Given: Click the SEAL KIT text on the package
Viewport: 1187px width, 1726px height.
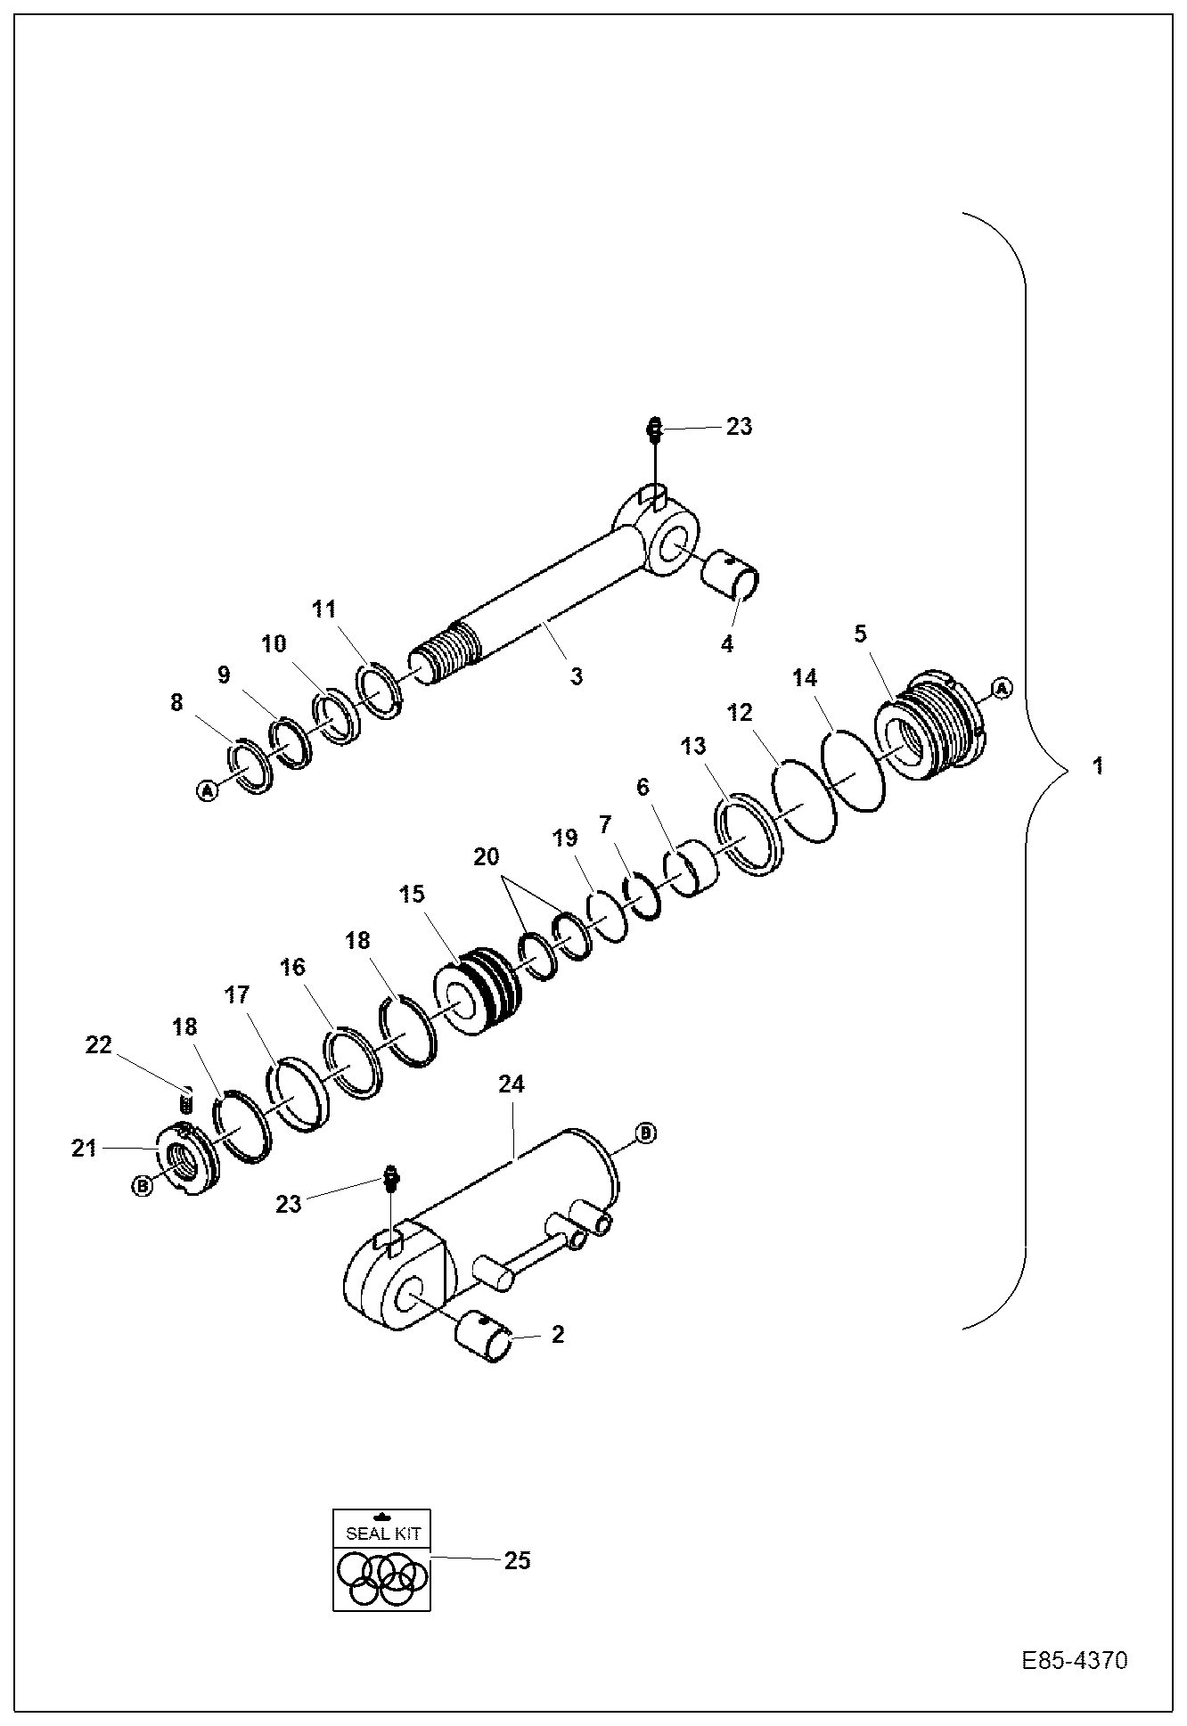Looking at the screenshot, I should tap(381, 1534).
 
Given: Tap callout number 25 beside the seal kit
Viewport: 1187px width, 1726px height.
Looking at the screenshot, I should tap(517, 1560).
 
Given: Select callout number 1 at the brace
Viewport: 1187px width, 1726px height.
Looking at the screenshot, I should tap(1098, 765).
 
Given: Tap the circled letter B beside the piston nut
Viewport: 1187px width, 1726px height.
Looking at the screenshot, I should tap(142, 1185).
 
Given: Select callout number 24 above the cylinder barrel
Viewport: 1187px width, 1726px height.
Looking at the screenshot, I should tap(512, 1084).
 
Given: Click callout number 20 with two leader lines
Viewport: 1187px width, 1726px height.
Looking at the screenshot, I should tap(487, 857).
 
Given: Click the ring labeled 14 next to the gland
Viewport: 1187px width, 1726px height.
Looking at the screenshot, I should tap(853, 770).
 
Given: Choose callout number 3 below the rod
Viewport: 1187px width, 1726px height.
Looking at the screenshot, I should tap(577, 676).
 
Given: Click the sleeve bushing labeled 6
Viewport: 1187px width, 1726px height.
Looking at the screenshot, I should tap(690, 871).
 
